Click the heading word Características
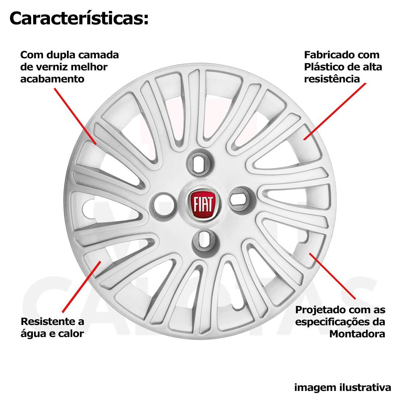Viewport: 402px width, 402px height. pyautogui.click(x=79, y=19)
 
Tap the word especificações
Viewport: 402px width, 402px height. pyautogui.click(x=335, y=322)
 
